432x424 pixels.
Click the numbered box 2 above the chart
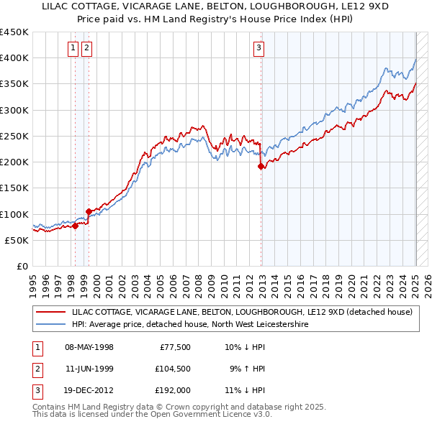point(86,49)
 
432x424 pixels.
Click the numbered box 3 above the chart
point(258,49)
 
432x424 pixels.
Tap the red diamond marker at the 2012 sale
point(261,166)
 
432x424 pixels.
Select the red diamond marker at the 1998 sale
point(74,226)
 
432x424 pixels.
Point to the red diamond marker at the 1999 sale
point(89,211)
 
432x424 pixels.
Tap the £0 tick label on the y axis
point(22,266)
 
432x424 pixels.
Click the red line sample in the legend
point(51,313)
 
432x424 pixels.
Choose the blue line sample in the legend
point(51,325)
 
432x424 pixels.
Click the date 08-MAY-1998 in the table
point(89,348)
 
